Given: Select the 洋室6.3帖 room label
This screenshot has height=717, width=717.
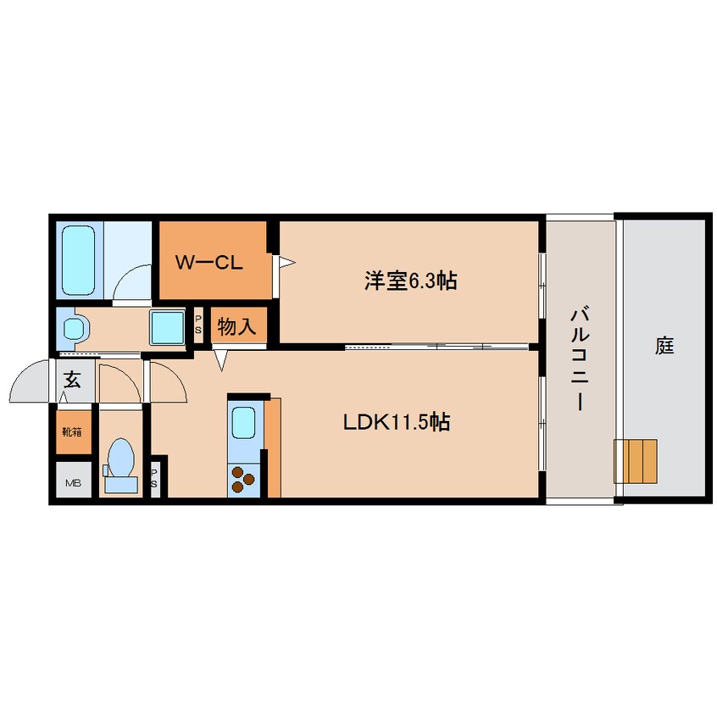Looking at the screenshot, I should [x=410, y=281].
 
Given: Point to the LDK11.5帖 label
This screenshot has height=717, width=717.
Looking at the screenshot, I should [x=396, y=421].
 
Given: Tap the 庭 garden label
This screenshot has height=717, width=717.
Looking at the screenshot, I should [x=664, y=345].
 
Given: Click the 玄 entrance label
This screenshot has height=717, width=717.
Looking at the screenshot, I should [x=73, y=379].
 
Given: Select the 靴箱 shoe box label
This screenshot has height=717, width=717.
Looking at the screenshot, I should [x=72, y=431].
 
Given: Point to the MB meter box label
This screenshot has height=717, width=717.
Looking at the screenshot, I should [x=74, y=483].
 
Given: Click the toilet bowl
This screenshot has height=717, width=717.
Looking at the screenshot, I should [x=120, y=463].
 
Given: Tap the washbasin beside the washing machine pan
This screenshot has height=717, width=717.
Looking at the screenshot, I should [x=74, y=327].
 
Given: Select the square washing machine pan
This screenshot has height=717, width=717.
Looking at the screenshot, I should [x=166, y=326].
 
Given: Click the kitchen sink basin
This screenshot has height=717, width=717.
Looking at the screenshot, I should [x=243, y=422].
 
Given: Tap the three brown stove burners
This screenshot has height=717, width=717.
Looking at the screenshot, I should [x=243, y=479].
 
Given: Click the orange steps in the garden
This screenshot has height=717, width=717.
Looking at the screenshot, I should [x=636, y=460].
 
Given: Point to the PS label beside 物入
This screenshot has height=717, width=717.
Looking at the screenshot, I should [x=198, y=326].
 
